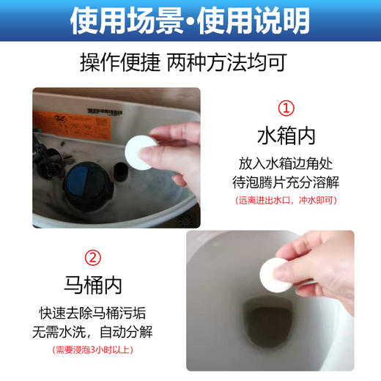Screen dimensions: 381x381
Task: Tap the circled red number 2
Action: (x=93, y=259)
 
